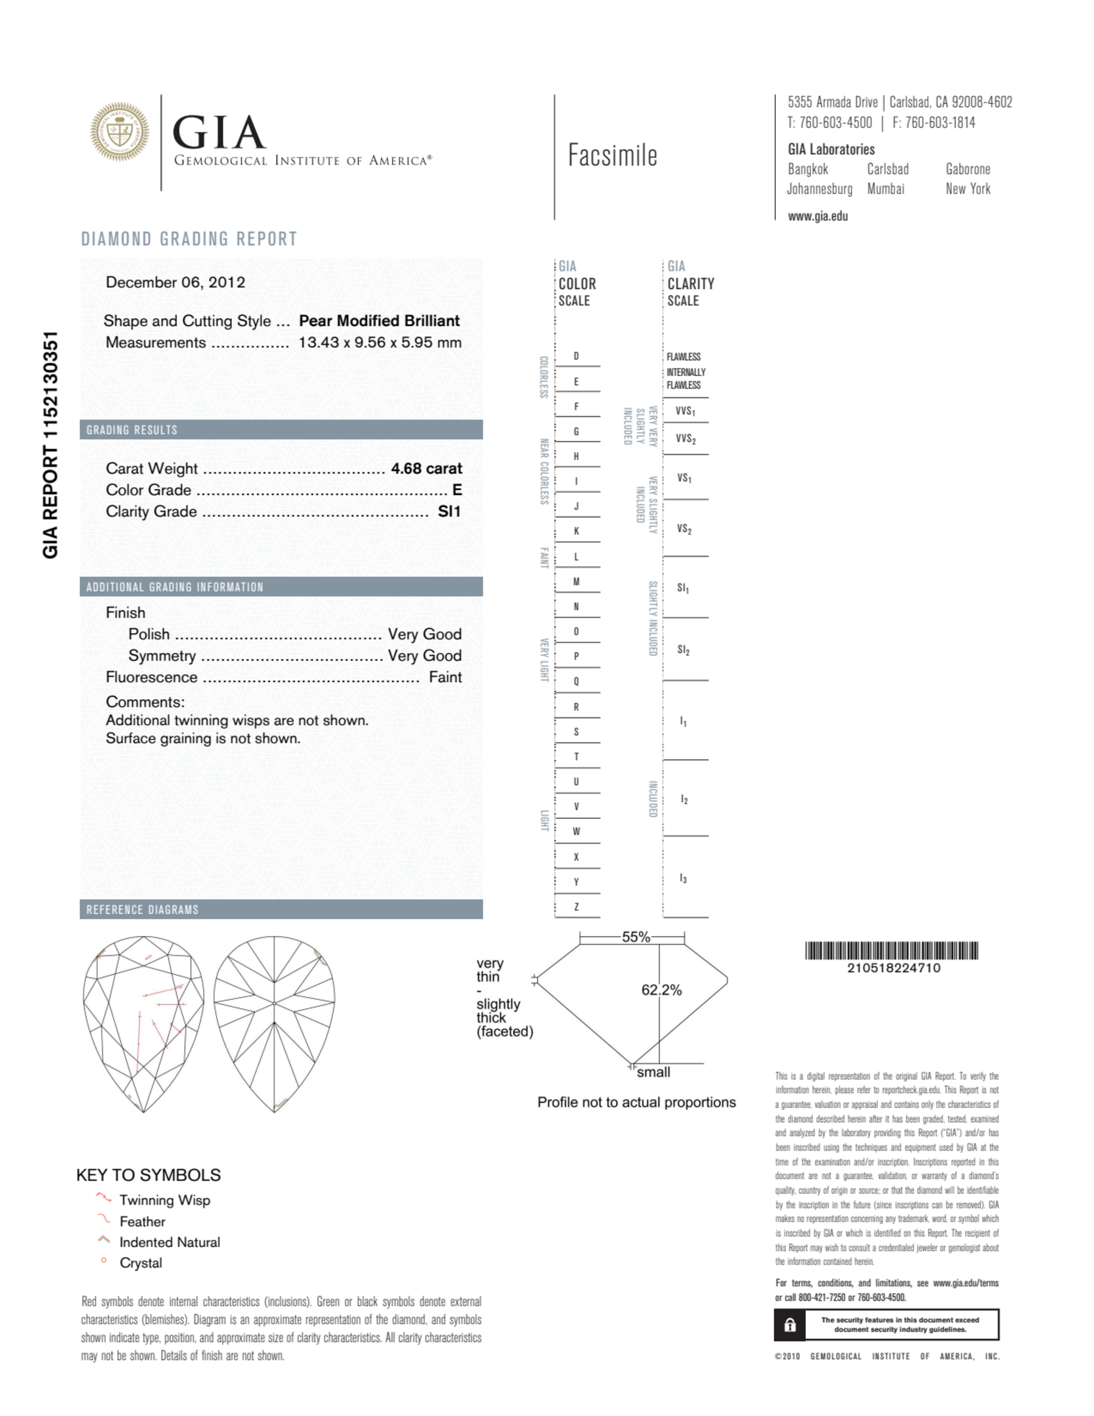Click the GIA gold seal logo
(x=119, y=132)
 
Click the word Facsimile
(x=612, y=156)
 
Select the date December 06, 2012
(x=175, y=282)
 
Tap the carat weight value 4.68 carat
(x=426, y=468)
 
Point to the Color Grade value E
(x=457, y=490)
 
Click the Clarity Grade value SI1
(x=449, y=512)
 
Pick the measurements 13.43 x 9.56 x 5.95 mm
(x=380, y=342)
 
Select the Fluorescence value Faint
(x=445, y=677)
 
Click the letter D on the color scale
(x=576, y=356)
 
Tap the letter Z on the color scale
(x=576, y=906)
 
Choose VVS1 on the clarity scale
(x=685, y=411)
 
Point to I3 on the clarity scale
(x=683, y=879)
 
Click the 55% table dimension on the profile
(x=635, y=937)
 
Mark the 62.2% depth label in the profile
(x=662, y=990)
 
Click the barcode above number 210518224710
(x=891, y=951)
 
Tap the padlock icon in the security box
(x=790, y=1325)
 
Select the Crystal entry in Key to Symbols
(x=141, y=1263)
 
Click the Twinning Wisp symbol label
(x=165, y=1200)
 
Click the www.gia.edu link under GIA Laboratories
(x=818, y=217)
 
